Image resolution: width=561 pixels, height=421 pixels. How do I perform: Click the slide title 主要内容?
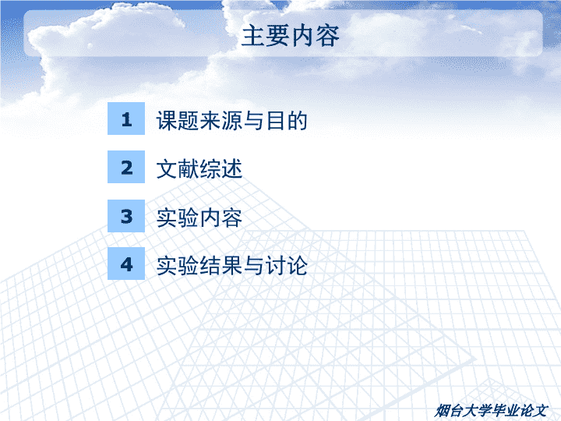click(290, 36)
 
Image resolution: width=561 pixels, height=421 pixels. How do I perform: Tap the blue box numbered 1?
click(126, 119)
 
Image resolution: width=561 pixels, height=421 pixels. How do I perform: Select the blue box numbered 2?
click(126, 167)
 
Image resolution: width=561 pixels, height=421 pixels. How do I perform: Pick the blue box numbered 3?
click(126, 216)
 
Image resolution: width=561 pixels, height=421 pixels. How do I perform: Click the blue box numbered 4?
click(126, 264)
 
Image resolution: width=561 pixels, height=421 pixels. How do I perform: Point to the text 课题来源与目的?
click(232, 120)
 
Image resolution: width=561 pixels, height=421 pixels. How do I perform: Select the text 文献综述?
click(199, 169)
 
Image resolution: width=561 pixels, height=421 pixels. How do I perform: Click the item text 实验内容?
click(199, 218)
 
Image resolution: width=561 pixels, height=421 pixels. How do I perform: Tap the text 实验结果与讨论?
click(232, 266)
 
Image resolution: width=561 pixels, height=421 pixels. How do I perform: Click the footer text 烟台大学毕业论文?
click(491, 411)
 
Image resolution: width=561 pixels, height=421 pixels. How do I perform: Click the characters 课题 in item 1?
click(178, 120)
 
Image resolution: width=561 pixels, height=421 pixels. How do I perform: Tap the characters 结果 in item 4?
click(221, 266)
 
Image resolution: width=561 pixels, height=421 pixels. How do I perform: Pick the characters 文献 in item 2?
click(178, 169)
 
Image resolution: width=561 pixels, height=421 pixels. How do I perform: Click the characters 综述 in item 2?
click(221, 169)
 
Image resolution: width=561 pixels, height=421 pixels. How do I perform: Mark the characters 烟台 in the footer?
click(449, 411)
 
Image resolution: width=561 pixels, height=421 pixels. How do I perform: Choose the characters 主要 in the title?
click(266, 36)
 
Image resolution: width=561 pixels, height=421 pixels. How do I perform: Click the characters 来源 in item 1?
click(221, 120)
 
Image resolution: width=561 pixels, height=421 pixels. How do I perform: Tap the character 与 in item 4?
click(254, 266)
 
